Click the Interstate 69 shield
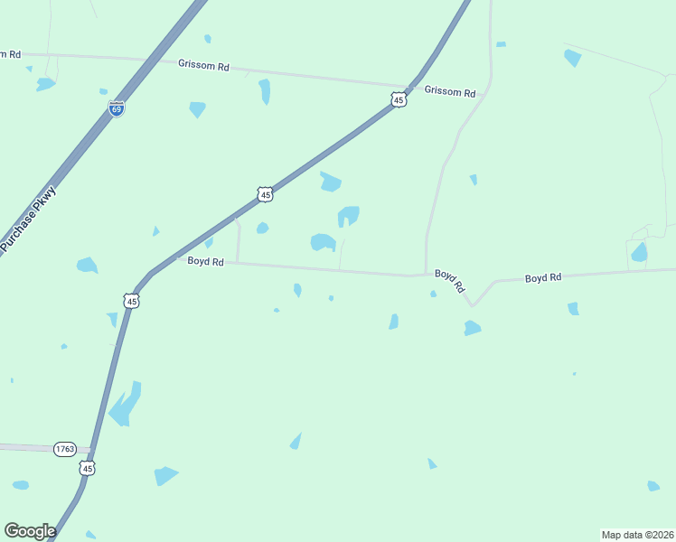117,108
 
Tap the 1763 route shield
64,449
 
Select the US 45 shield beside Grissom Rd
399,100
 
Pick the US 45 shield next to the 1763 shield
87,467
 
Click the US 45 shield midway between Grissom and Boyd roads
264,194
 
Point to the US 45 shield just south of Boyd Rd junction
132,301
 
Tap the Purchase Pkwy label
28,219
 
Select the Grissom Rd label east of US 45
449,92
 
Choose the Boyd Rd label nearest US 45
205,261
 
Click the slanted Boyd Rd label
449,280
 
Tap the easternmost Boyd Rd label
543,277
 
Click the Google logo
30,531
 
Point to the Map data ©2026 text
636,535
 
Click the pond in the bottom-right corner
653,486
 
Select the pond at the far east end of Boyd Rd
639,252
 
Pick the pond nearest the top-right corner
572,58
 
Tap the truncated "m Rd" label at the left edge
10,54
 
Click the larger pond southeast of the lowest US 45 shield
164,475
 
